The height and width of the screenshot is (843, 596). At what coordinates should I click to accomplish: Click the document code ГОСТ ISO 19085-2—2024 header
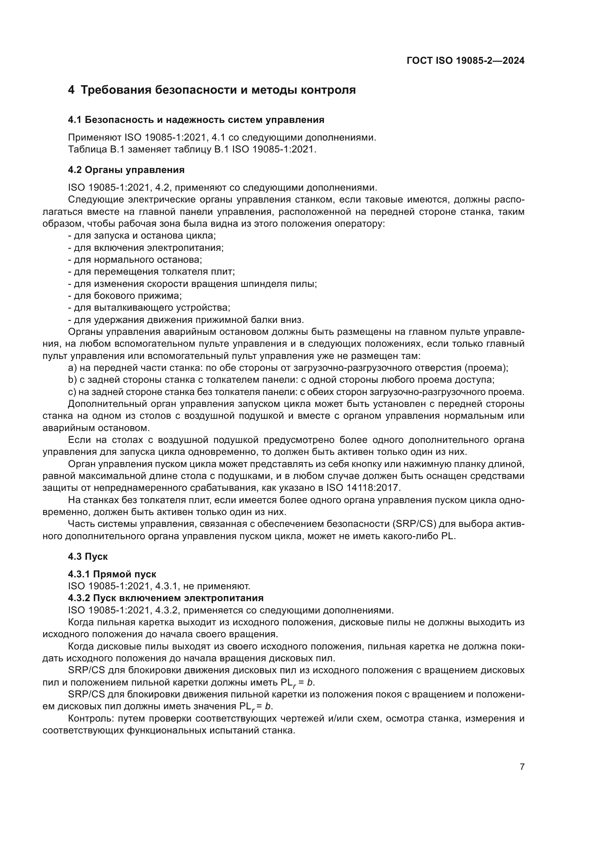coord(465,61)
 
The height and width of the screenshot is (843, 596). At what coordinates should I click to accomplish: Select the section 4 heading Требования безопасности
coord(212,90)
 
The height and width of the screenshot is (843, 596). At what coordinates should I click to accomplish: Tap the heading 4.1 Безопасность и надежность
coord(196,120)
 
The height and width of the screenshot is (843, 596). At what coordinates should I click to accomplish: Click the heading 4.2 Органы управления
coord(126,170)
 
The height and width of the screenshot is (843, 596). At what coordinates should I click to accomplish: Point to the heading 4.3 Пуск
coord(88,556)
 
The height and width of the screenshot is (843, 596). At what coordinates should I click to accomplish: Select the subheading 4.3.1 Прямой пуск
coord(112,574)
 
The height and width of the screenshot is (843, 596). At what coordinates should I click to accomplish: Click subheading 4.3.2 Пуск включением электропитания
coord(165,598)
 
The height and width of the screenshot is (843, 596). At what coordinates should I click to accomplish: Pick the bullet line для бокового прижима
coord(125,296)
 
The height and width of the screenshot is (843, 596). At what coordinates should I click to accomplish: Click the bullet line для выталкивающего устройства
coord(149,308)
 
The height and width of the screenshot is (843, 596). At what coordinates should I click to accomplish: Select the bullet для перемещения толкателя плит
coord(151,272)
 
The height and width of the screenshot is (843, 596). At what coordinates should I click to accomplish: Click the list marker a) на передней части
coord(72,368)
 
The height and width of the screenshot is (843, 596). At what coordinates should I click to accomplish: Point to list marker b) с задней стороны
coord(72,380)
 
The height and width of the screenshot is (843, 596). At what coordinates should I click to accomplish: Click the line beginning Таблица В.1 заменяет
coord(192,150)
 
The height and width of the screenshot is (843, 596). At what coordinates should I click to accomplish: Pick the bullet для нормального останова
coord(135,259)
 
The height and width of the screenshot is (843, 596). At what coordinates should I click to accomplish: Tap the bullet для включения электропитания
coord(146,248)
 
